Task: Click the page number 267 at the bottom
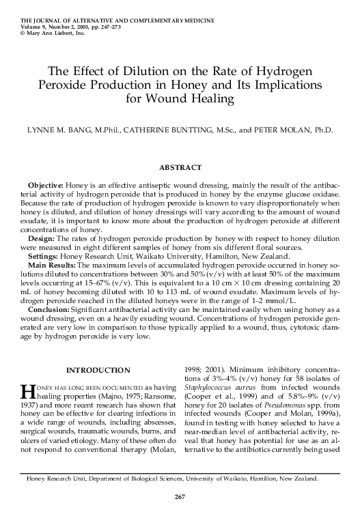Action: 180,496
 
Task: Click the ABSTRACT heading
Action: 180,167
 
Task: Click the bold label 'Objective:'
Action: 46,186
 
